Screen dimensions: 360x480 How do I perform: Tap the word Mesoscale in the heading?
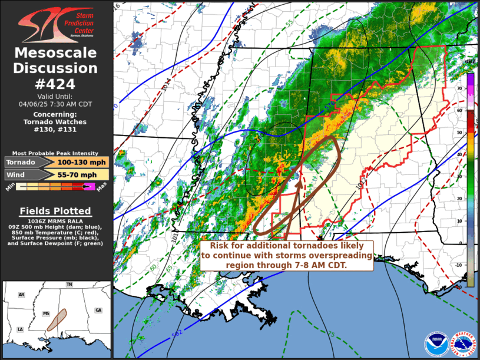pos(56,53)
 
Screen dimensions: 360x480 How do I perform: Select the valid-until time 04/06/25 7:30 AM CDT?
pos(56,103)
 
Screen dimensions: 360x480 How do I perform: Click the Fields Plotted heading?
pos(56,211)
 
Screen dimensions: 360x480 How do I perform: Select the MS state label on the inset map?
pos(47,312)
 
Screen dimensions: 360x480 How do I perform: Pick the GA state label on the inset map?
pos(98,310)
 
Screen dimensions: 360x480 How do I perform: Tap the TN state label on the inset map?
pos(69,285)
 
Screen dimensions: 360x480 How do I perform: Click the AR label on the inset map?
pos(21,295)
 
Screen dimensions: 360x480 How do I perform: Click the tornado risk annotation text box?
pos(287,255)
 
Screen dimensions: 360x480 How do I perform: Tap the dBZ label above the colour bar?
pos(470,61)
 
